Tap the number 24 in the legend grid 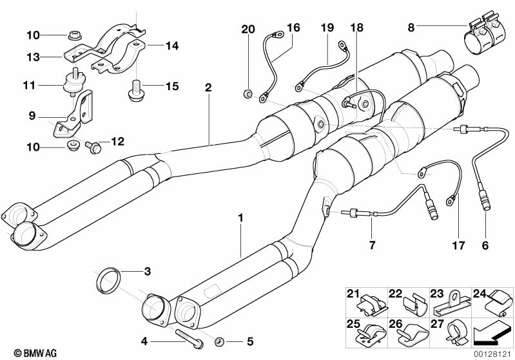pos(479,294)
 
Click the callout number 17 pos(458,245)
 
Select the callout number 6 pos(485,245)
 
